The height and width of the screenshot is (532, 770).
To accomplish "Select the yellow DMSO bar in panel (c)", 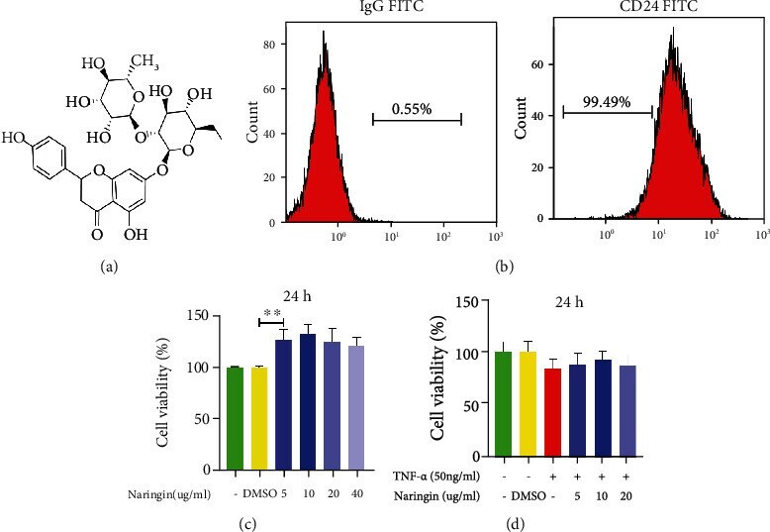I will pos(260,418).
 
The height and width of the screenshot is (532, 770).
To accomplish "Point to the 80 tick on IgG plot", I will pos(267,44).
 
